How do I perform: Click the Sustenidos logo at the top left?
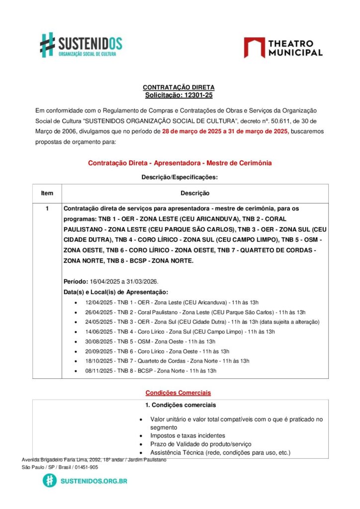coord(81,45)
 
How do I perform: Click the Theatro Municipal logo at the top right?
coord(283,47)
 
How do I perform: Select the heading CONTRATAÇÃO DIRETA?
coord(179,87)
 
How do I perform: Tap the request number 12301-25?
coord(195,95)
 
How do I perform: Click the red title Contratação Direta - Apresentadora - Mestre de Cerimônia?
coord(180,163)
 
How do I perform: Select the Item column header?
coord(47,193)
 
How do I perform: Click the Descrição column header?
coord(194,193)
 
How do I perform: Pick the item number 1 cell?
coord(47,209)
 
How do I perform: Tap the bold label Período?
coord(76,281)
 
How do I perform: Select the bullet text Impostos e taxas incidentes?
coord(187,435)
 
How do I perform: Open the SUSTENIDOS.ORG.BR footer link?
coord(93,481)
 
